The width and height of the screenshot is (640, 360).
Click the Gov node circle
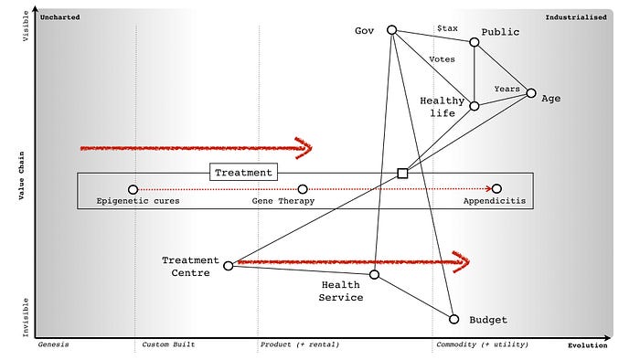point(391,30)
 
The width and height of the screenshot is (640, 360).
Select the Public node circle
point(475,42)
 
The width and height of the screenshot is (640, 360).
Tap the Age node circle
point(530,92)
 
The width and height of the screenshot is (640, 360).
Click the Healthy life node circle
point(475,106)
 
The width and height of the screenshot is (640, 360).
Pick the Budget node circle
point(453,319)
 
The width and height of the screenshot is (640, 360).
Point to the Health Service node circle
point(374,274)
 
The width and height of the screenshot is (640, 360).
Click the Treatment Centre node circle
point(229,266)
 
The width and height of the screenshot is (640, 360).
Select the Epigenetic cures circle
point(133,189)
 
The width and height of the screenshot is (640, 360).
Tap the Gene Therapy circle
point(303,189)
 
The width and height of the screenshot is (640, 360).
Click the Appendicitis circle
point(496,189)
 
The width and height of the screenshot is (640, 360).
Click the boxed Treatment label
point(242,172)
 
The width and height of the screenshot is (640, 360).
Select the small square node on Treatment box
point(402,173)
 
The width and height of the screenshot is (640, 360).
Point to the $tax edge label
point(448,30)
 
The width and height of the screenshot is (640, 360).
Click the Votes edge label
point(442,59)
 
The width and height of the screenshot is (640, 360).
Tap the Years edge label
point(507,89)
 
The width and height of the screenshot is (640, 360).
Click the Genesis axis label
point(54,344)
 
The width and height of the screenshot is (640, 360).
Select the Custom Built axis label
point(168,344)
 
